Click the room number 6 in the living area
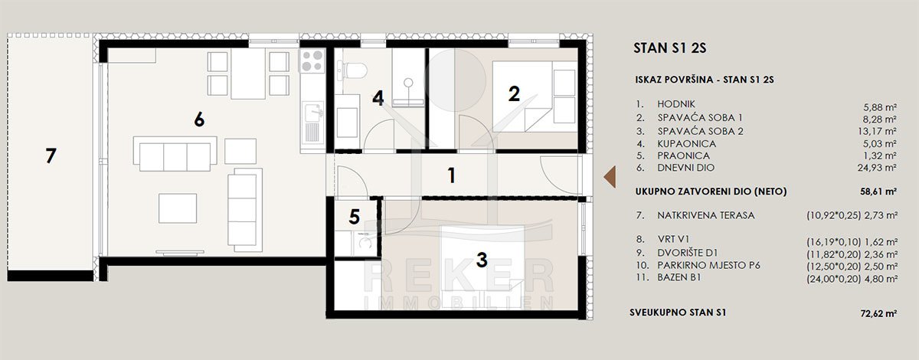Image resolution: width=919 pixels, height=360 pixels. pos(199,119)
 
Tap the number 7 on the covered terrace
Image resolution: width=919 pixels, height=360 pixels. pos(51,156)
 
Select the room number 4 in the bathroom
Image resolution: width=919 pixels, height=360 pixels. pos(378,99)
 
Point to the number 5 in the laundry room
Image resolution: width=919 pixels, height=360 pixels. pos(355,217)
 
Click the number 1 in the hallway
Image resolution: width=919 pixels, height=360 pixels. pos(452,175)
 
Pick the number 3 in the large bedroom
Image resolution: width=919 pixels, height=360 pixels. pos(482,260)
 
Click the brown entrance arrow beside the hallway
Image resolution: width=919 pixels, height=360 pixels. pos(610,177)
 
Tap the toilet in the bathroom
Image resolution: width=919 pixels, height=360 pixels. pos(352,70)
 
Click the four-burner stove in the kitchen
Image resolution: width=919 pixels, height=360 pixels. pos(312,61)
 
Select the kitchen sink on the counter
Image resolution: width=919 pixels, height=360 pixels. pos(312,113)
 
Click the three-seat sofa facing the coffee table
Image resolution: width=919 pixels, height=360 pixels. pos(175,153)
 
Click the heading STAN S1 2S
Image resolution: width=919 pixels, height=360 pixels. pos(670,48)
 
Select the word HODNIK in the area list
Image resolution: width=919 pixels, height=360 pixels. pos(676,104)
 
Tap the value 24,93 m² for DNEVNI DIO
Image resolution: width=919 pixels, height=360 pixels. pos(877,168)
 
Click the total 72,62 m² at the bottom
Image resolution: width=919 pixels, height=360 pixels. pos(878,313)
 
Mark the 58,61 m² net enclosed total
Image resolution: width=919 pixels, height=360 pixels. pos(878,191)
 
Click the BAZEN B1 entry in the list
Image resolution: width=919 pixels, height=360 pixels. pos(679,277)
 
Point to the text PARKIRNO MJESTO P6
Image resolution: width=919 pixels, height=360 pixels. pos(708,266)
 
